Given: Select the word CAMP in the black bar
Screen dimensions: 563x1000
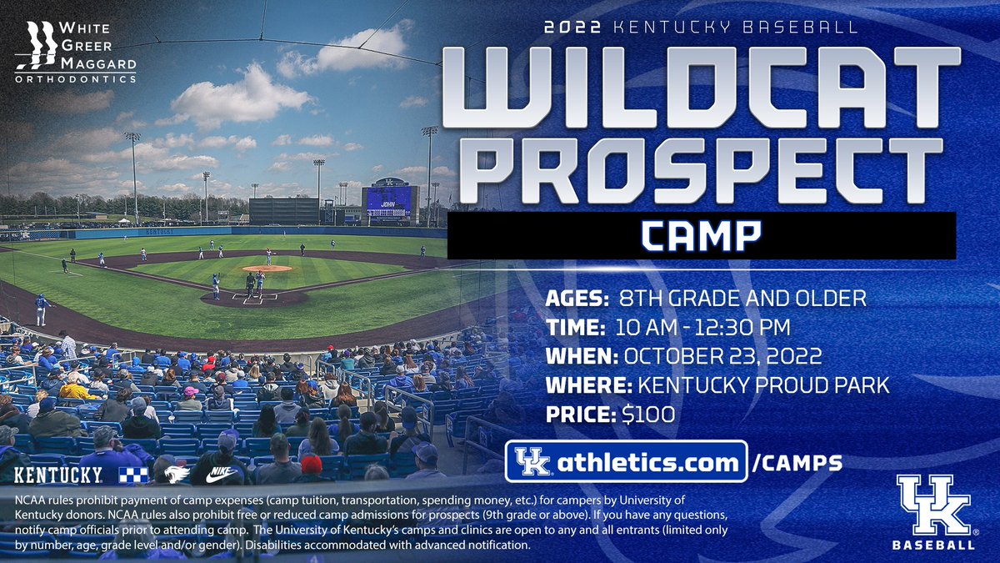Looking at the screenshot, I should (701, 236).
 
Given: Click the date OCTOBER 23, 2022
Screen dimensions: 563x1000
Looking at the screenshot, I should (719, 355).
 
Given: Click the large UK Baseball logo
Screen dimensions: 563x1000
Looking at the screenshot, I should (934, 511).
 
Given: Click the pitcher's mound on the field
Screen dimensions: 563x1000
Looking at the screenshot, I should (267, 269).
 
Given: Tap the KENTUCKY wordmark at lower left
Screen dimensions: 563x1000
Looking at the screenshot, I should (57, 475).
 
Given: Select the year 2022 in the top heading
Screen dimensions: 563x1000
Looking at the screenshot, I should (573, 27).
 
